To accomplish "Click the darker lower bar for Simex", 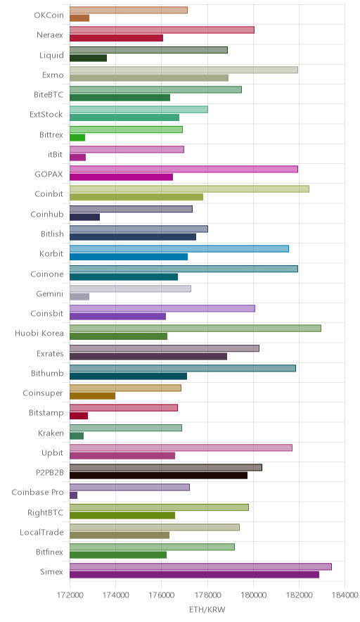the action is click(x=194, y=575).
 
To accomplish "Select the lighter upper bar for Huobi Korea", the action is click(x=195, y=328).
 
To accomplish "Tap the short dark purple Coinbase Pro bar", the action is click(x=73, y=495).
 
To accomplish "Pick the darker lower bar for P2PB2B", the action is click(x=159, y=475).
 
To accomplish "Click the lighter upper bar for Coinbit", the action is click(x=190, y=189).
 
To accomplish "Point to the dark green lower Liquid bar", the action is click(x=88, y=58).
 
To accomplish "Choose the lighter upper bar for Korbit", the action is click(x=179, y=248).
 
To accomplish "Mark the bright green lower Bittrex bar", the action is click(x=77, y=138).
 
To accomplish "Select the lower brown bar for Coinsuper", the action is click(x=92, y=396).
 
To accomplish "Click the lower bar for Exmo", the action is click(x=149, y=77).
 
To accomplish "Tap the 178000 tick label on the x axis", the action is click(x=207, y=595).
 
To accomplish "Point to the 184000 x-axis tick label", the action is click(x=345, y=595).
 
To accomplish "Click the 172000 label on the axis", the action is click(x=70, y=595).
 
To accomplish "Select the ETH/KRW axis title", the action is click(x=207, y=610).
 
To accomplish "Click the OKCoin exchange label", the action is click(x=49, y=15).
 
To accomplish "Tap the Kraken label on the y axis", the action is click(x=51, y=433).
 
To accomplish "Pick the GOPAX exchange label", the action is click(x=49, y=174).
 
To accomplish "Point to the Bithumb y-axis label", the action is click(x=47, y=373).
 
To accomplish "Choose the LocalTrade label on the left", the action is click(x=41, y=532).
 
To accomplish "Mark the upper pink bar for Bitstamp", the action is click(x=124, y=408).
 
